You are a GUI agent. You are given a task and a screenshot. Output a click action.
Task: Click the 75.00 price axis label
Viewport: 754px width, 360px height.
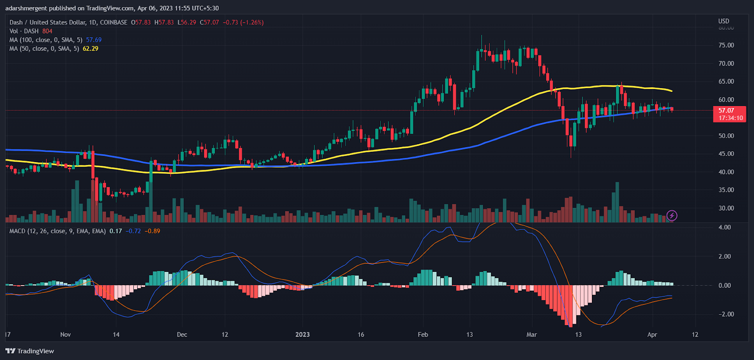tap(726, 45)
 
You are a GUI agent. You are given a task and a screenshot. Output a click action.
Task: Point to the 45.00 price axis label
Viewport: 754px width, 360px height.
tap(726, 154)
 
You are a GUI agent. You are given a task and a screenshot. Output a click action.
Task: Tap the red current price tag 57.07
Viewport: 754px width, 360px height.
tap(726, 110)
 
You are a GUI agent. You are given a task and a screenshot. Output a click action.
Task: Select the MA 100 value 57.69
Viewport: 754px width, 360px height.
tap(94, 40)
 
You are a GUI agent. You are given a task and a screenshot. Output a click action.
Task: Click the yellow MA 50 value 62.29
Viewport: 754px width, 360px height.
tap(90, 49)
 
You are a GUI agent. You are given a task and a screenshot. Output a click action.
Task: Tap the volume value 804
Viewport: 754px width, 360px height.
tap(47, 31)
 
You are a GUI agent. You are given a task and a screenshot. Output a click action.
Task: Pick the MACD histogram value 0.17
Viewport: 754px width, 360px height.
tap(115, 231)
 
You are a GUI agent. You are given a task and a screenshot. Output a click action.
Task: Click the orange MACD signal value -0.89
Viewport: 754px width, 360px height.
tap(152, 231)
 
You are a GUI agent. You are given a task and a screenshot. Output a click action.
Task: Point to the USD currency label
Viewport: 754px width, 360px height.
tap(723, 21)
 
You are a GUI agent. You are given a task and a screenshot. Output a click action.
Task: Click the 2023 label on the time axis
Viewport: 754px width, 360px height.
tap(303, 335)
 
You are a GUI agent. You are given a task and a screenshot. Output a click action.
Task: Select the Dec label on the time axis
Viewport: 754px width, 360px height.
tap(182, 335)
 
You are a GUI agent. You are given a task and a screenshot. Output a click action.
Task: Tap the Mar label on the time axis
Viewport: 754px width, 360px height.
tap(532, 335)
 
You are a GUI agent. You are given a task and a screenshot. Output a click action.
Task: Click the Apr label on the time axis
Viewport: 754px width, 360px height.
tap(652, 335)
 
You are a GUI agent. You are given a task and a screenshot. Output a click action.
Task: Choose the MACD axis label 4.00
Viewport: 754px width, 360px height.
tap(724, 227)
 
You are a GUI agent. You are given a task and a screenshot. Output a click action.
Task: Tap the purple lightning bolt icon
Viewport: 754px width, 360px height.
tap(672, 216)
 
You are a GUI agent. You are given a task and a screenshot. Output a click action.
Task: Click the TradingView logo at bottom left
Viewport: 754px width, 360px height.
tap(30, 351)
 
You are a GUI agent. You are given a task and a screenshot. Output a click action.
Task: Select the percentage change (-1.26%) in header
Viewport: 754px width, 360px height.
tap(252, 22)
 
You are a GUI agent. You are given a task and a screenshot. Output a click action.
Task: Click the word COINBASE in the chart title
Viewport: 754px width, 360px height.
tap(114, 22)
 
